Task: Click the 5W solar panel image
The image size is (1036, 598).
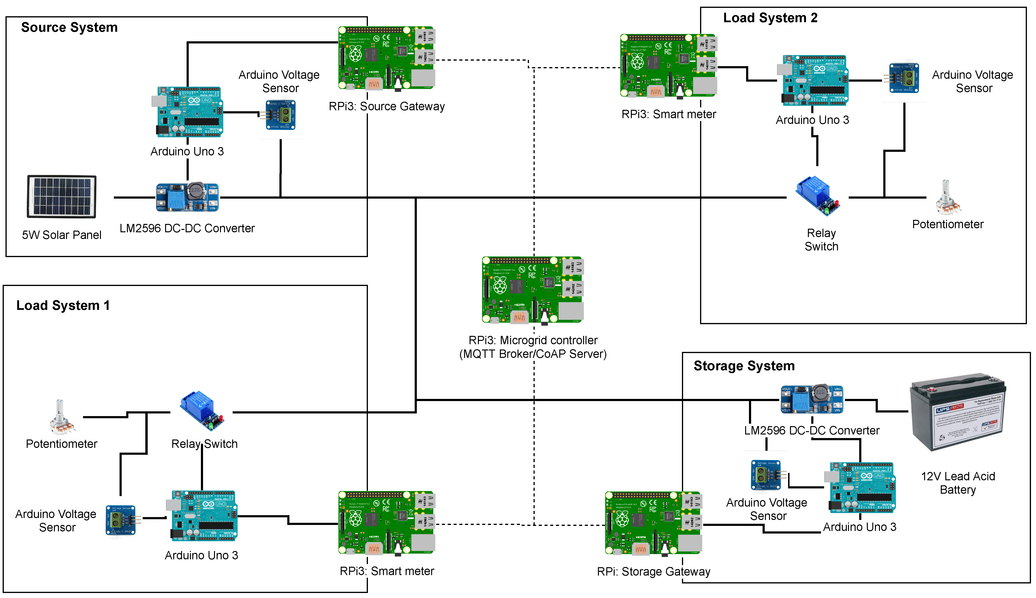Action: click(62, 196)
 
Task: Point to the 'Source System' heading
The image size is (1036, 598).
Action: click(69, 27)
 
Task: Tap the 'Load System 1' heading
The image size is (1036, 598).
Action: click(63, 306)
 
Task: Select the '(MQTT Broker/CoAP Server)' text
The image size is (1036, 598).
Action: click(532, 354)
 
